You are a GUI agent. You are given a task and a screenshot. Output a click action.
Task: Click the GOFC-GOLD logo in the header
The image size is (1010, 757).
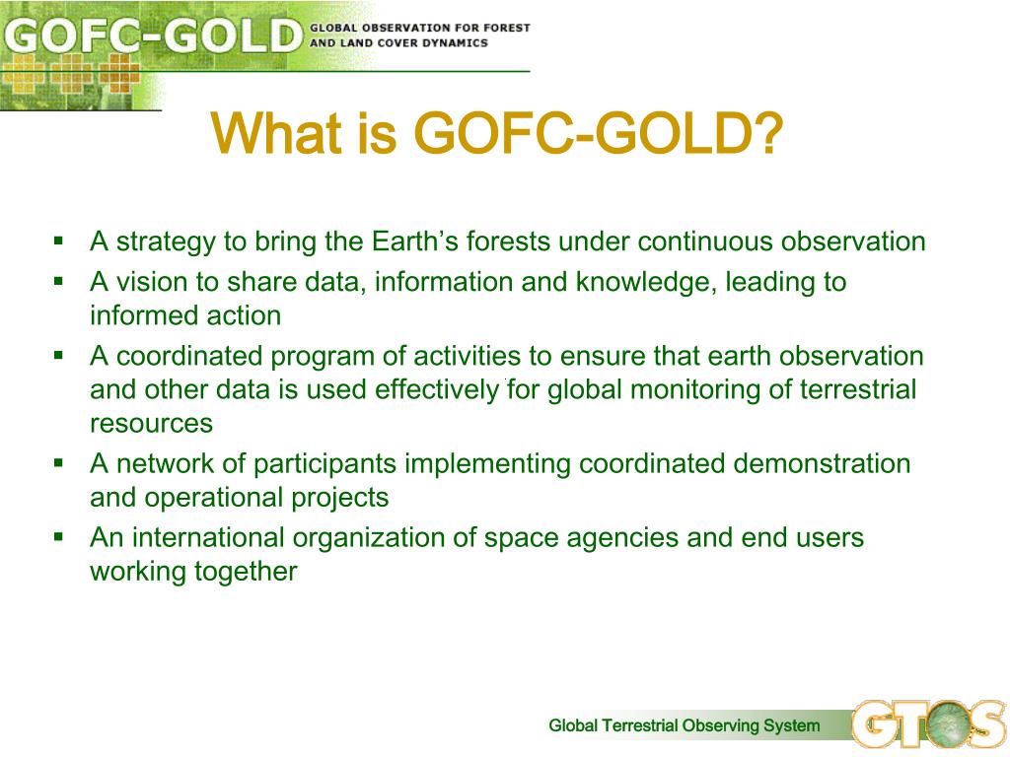pos(152,36)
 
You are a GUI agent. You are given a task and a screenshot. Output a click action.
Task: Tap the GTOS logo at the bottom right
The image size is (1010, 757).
pos(928,724)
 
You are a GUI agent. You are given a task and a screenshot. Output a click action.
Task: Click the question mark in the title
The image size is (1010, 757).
pos(767,133)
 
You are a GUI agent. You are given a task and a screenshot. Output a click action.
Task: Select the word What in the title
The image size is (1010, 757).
pos(276,133)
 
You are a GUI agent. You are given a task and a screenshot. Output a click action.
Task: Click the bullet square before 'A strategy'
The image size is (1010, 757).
pos(59,241)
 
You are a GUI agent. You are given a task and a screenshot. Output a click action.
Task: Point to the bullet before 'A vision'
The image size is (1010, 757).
pos(59,281)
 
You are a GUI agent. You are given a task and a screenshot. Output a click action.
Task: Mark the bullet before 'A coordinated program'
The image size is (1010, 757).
pos(59,355)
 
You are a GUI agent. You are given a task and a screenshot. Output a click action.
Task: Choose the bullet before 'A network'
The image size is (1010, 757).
pos(59,463)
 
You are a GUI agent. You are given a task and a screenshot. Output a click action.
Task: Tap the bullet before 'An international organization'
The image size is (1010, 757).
pos(59,537)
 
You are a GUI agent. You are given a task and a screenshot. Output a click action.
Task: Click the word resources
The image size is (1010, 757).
pos(151,424)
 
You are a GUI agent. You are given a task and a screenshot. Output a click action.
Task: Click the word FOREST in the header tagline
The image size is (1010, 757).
pos(506,29)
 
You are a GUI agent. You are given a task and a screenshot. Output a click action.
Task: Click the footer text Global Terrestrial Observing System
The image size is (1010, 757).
pos(685,725)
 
